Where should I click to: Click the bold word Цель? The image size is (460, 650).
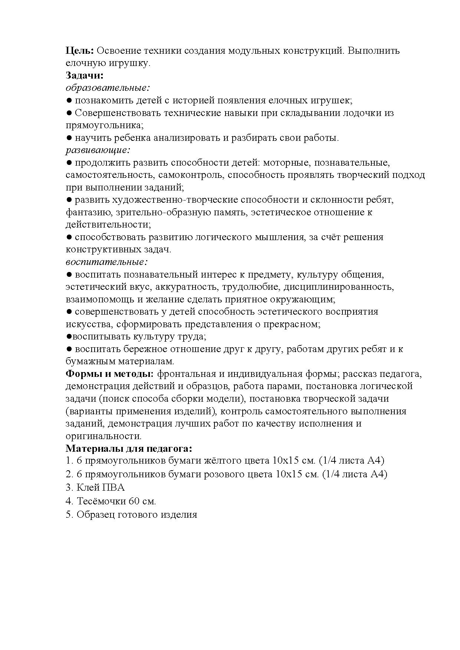(x=80, y=51)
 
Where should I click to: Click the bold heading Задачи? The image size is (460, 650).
(x=84, y=76)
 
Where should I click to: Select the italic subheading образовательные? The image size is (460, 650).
(x=108, y=88)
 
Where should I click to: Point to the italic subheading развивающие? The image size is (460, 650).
(x=98, y=150)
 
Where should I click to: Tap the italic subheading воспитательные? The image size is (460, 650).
(x=107, y=262)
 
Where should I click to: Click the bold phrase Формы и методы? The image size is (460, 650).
(x=109, y=374)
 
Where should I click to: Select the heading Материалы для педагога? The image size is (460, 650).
(x=129, y=448)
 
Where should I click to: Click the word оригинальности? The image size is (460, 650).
(x=103, y=436)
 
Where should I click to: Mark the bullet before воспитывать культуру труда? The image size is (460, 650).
(x=69, y=336)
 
